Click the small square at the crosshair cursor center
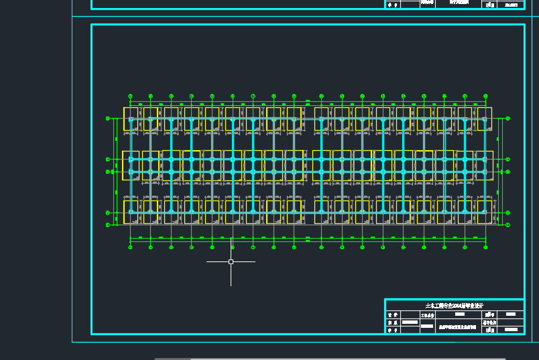pyautogui.click(x=231, y=261)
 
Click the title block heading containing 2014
pyautogui.click(x=455, y=306)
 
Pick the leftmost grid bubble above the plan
pyautogui.click(x=130, y=96)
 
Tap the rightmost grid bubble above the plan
pyautogui.click(x=485, y=96)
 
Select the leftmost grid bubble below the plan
pyautogui.click(x=130, y=247)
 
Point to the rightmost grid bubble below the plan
pyautogui.click(x=485, y=247)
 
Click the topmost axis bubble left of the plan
pyautogui.click(x=108, y=119)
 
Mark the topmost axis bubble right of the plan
pyautogui.click(x=507, y=119)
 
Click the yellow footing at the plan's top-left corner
pyautogui.click(x=131, y=119)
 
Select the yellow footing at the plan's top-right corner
pyautogui.click(x=483, y=119)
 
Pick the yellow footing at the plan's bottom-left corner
pyautogui.click(x=131, y=211)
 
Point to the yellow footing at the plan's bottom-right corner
pyautogui.click(x=484, y=211)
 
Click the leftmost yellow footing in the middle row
pyautogui.click(x=131, y=166)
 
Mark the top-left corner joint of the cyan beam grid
pyautogui.click(x=131, y=119)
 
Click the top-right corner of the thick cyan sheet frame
pyautogui.click(x=524, y=25)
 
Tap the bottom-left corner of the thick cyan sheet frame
pyautogui.click(x=92, y=333)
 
